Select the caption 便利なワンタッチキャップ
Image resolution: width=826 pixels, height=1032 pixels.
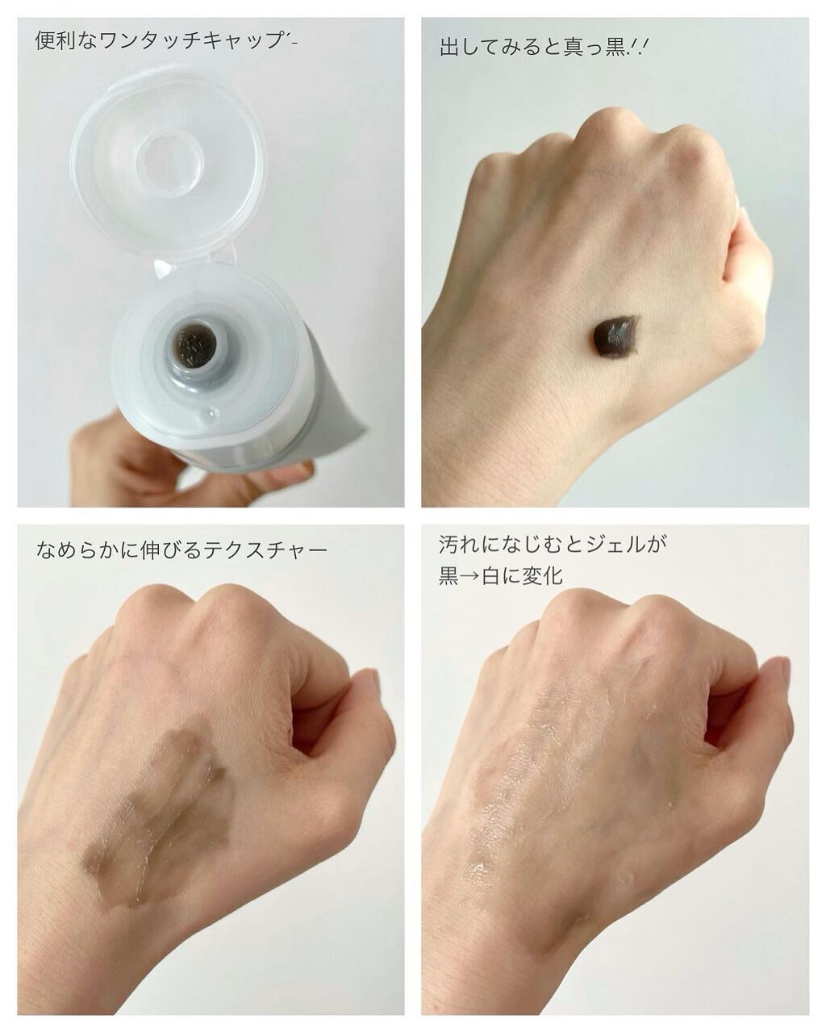(x=161, y=41)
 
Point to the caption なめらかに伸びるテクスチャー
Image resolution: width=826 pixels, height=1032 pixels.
(x=182, y=551)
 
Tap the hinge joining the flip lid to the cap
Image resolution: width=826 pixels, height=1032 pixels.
(x=194, y=258)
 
